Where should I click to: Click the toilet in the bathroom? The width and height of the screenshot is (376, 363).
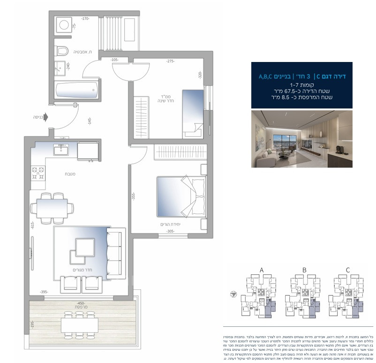62,50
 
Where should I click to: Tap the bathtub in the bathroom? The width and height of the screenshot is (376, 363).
76,90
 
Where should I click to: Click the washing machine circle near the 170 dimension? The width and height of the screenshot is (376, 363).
63,25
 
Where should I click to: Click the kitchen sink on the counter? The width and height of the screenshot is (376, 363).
61,150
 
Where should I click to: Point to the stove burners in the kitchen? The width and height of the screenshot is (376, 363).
37,174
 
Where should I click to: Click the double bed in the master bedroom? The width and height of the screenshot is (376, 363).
175,196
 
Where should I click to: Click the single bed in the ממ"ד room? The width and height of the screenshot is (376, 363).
192,113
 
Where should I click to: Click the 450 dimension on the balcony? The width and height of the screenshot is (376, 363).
81,304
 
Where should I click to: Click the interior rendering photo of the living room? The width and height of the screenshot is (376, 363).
301,139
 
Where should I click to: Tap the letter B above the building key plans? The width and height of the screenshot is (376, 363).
304,270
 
